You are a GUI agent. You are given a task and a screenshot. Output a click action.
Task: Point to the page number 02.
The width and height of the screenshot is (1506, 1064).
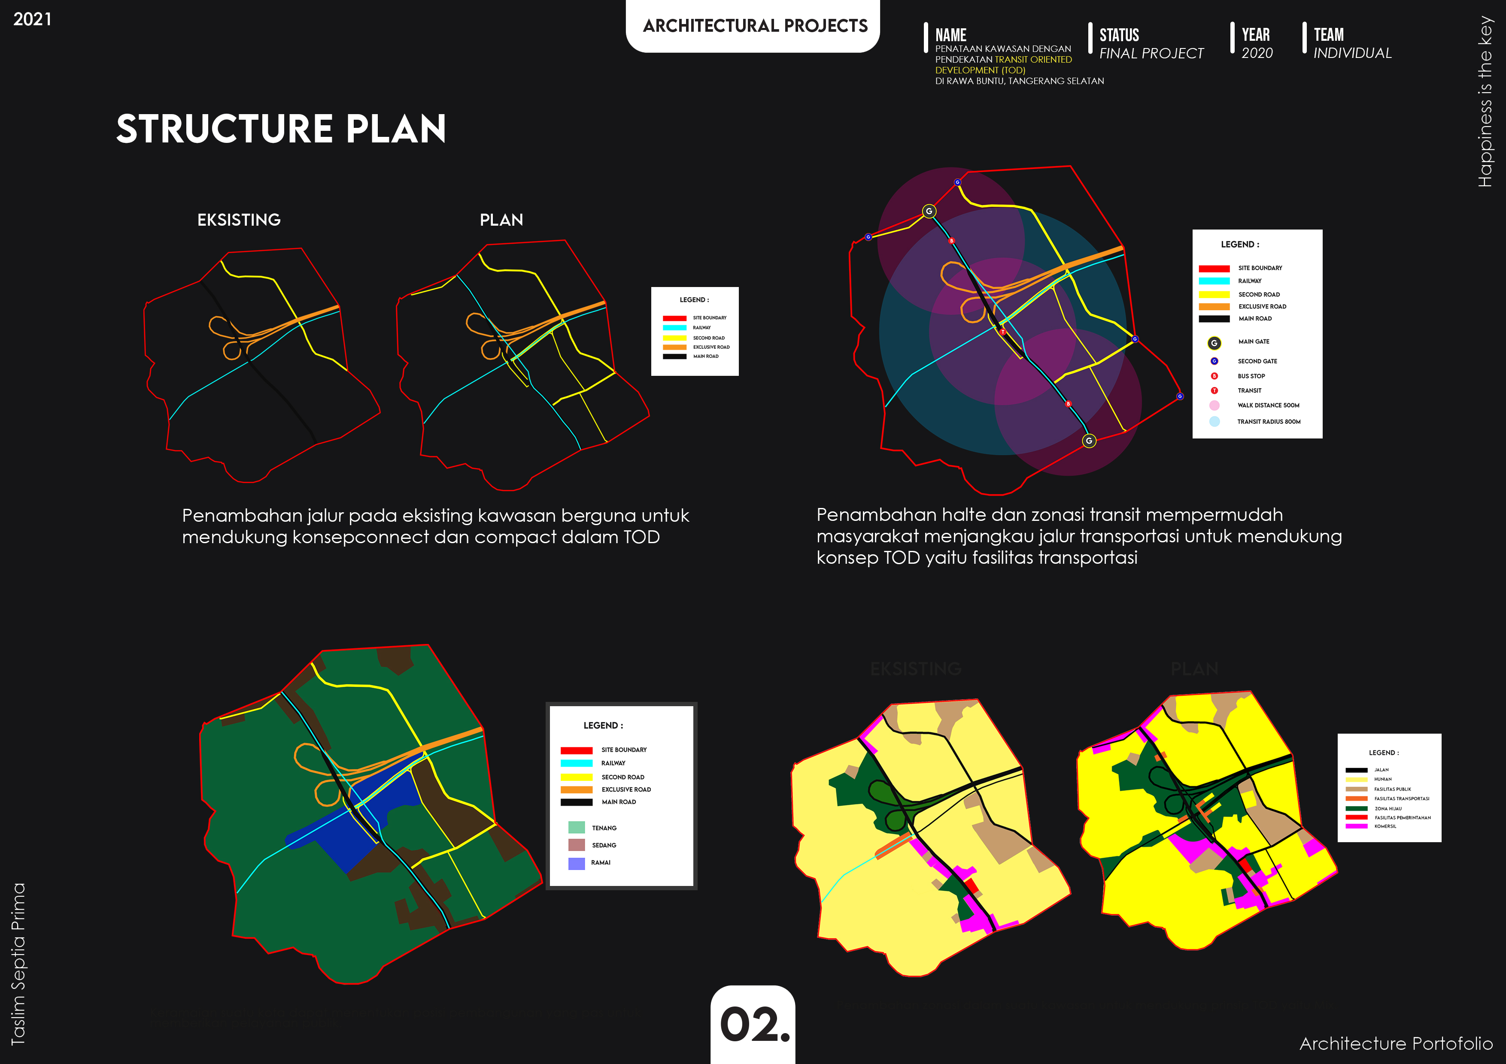tap(754, 1024)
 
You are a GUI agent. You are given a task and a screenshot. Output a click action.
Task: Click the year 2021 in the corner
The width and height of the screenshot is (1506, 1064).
tap(32, 19)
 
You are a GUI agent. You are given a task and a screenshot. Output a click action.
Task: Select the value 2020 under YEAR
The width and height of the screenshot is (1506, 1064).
tap(1257, 53)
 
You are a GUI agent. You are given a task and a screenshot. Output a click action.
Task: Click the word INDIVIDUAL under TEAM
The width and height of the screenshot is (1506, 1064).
tap(1352, 53)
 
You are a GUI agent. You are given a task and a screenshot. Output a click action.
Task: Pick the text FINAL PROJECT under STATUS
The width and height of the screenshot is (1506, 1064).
tap(1151, 53)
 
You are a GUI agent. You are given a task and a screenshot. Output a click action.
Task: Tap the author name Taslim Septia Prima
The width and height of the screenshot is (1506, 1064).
tap(18, 963)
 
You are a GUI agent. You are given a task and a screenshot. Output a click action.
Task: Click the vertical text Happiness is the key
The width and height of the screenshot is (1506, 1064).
tap(1485, 102)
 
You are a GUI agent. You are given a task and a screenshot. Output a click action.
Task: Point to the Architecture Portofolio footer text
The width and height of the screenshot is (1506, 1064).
tap(1396, 1043)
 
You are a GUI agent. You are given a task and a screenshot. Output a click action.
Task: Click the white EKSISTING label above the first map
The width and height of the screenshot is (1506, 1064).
tap(239, 220)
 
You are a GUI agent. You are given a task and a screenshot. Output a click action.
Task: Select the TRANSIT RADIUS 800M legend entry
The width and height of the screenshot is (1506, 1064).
tap(1268, 422)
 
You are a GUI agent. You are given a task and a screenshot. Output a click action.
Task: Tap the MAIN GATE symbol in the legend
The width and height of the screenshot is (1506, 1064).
tap(1214, 343)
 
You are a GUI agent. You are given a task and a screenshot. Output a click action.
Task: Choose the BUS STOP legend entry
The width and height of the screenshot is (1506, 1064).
tap(1251, 376)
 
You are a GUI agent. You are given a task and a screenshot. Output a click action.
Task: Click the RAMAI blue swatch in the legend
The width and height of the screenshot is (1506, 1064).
tap(577, 863)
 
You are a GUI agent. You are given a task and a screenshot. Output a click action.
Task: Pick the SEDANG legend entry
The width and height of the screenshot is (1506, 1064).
tap(604, 845)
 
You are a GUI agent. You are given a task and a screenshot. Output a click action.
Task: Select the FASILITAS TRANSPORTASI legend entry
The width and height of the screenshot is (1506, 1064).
tap(1401, 798)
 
